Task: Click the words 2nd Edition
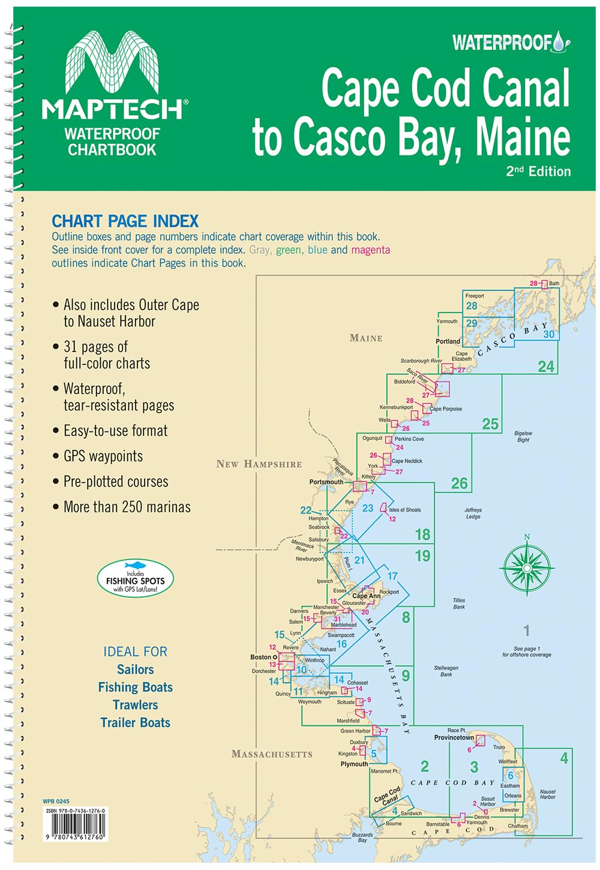538,171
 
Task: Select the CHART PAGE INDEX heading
125,221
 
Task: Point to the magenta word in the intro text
370,250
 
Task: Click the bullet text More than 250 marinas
127,507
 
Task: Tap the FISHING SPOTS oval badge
135,578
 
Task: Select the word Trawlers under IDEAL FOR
135,705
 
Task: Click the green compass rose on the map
526,566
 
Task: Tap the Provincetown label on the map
454,737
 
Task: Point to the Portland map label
448,341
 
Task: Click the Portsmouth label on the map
326,482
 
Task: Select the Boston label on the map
261,657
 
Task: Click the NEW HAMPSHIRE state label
259,464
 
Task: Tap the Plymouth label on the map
354,764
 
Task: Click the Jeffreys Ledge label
473,513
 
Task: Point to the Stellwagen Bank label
446,671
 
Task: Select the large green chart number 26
459,483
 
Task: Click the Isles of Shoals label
404,510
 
